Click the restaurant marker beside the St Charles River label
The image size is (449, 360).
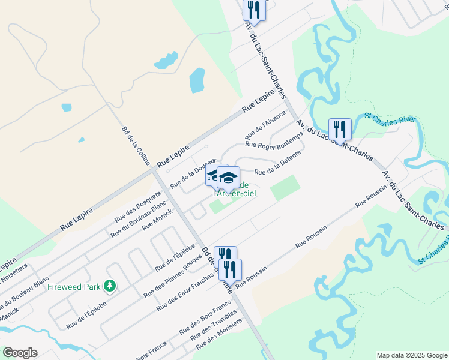point(340,130)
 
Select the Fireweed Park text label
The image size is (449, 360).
point(74,287)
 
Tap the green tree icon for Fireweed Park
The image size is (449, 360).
point(109,286)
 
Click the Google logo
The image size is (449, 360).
point(20,353)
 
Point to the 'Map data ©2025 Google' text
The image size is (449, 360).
point(411,355)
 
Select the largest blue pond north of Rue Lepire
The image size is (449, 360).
point(198,80)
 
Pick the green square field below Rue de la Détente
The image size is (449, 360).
point(285,187)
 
